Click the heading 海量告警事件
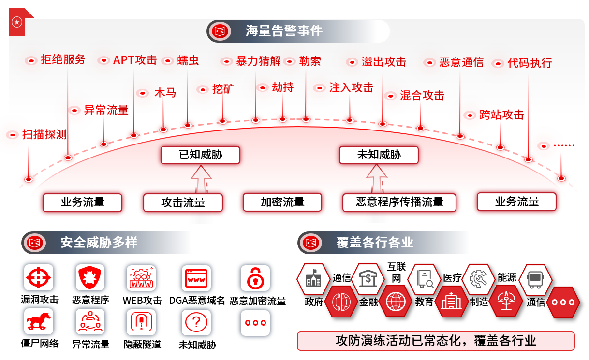pos(284,31)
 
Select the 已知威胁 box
pos(201,155)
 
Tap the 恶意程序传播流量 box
pos(399,202)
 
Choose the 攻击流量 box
pos(183,202)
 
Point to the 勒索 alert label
pos(310,61)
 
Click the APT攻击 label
pos(135,60)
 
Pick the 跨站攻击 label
pos(501,115)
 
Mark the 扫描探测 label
pos(44,135)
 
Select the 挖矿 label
pos(223,89)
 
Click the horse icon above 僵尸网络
pos(39,322)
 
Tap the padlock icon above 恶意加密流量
pos(255,278)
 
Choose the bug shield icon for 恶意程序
pos(90,278)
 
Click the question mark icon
pos(196,322)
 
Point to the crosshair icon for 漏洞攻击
pos(38,278)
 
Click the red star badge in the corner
pos(17,22)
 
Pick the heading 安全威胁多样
pos(99,242)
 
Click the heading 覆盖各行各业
pos(375,242)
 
